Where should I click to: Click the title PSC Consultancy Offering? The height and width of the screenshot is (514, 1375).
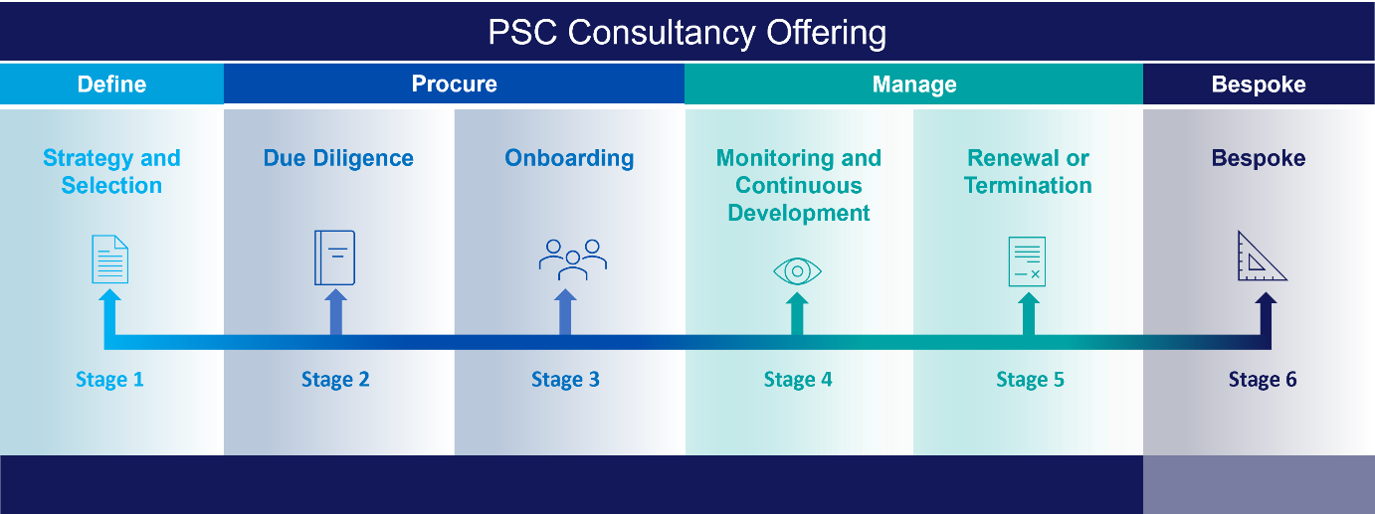(687, 33)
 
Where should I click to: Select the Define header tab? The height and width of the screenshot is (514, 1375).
(111, 85)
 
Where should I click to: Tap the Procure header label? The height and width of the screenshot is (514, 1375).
(455, 84)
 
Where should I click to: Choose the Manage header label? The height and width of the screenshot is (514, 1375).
(914, 85)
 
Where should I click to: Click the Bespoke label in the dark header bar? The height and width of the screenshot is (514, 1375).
(1259, 85)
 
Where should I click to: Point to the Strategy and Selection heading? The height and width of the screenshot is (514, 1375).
(111, 172)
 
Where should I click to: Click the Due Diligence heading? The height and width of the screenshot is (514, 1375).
(338, 158)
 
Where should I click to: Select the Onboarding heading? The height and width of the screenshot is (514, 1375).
(569, 158)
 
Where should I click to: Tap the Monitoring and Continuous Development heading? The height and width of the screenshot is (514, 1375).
(799, 185)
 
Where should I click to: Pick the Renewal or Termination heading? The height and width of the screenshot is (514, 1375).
(1028, 172)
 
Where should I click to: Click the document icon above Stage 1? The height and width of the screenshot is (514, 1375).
(109, 258)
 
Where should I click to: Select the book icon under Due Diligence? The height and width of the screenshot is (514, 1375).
(334, 257)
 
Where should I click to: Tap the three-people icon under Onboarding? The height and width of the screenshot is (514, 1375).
(573, 259)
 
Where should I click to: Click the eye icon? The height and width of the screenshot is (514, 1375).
(797, 271)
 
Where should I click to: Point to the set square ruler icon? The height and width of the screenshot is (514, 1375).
(1261, 257)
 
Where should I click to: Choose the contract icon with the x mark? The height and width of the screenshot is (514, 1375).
(1027, 261)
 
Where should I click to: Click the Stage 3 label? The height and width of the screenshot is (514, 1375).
(565, 380)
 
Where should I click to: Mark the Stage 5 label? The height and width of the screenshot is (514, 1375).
(1030, 380)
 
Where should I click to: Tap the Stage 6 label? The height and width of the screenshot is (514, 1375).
(1263, 380)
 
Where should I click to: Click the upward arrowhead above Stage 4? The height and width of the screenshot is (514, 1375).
(797, 298)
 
